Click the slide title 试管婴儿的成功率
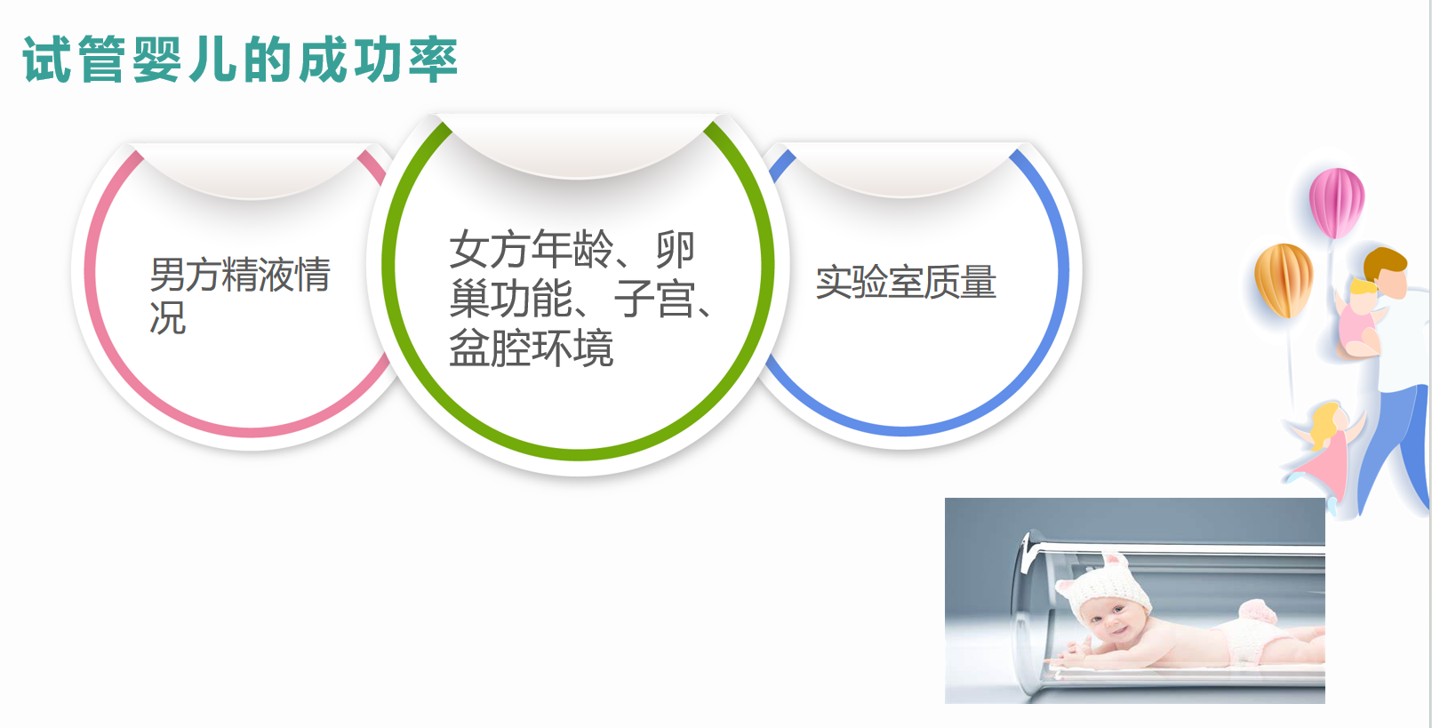click(240, 59)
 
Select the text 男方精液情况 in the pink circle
click(240, 295)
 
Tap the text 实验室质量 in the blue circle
click(906, 282)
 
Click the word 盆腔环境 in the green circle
click(532, 348)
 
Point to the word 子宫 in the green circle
click(654, 299)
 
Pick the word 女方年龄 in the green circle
click(532, 249)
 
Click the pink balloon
click(1336, 202)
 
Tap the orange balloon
click(1284, 280)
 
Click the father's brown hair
click(1385, 263)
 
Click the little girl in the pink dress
click(1324, 454)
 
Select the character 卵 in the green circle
click(675, 249)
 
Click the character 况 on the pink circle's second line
click(168, 317)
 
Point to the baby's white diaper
click(1253, 636)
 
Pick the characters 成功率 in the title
click(379, 59)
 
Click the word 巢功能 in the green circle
click(511, 299)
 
